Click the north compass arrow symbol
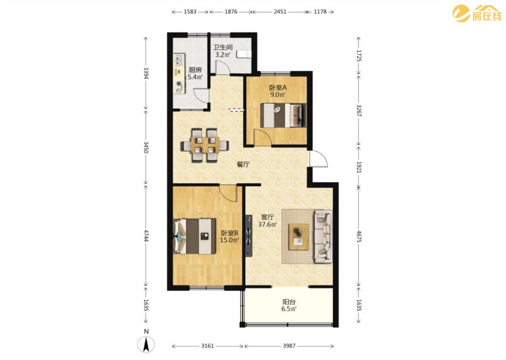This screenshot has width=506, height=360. pos(146,345)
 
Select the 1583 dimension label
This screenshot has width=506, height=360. pos(190,12)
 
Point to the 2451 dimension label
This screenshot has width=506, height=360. pos(280,12)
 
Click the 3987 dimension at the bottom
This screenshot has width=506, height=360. pos(289,346)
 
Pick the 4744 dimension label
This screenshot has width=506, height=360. pos(146,236)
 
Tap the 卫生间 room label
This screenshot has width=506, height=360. pos(223,47)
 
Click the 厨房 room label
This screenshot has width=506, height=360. pos(195,69)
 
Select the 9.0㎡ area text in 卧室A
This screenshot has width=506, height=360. pos(278,94)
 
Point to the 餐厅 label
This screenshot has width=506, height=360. pos(243,164)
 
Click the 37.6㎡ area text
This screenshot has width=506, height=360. pos(268,225)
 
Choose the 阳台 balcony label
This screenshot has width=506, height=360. pos(289,302)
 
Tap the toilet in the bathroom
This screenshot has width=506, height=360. pos(243,54)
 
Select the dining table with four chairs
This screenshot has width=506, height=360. pos(205,145)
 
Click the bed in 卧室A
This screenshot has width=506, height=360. pos(283,115)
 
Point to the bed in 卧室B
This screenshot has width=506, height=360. pos(194,236)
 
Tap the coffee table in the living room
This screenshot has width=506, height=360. pos(299,237)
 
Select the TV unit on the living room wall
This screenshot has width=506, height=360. pos(248,236)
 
